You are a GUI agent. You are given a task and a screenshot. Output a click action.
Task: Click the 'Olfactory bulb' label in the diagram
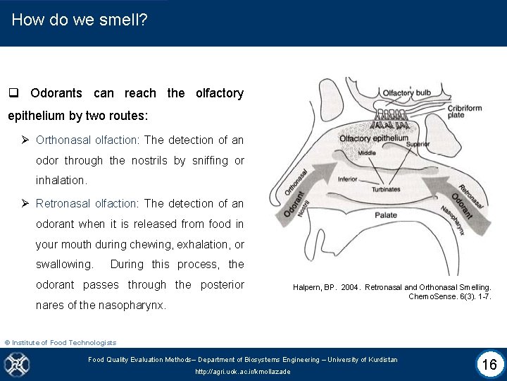coord(406,93)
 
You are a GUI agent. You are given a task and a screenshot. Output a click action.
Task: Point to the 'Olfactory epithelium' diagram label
coord(373,138)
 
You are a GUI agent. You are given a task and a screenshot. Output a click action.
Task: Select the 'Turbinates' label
coord(386,189)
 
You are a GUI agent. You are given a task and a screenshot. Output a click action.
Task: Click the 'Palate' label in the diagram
coord(385,214)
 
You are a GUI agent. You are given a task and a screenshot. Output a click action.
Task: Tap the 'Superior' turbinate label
coord(418,144)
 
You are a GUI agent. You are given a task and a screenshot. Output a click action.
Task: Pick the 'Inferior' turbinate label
coord(348,179)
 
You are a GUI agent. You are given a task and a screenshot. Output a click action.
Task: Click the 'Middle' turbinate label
coord(367,152)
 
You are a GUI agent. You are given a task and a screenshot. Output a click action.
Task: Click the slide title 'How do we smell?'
coord(80,20)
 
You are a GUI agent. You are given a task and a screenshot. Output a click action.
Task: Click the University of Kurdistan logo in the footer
coord(16,364)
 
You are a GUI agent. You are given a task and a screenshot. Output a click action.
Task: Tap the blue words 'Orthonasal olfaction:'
coord(88,140)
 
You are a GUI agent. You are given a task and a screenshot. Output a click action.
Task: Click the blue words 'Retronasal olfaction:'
coord(88,203)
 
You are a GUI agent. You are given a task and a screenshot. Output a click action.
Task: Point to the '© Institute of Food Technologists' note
coord(61,342)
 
